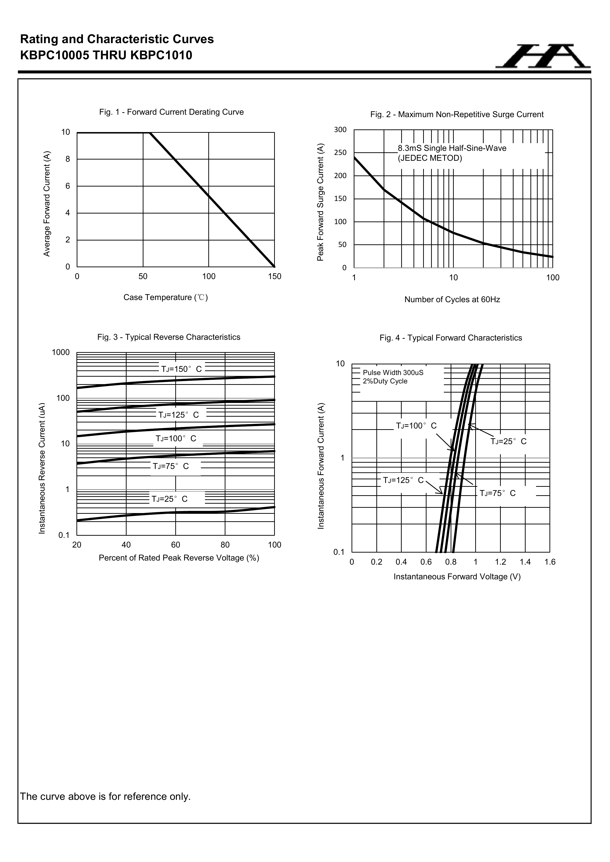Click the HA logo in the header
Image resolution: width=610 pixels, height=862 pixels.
542,56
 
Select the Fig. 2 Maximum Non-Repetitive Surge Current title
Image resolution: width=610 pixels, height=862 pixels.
456,114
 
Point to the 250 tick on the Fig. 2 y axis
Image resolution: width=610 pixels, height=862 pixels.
340,153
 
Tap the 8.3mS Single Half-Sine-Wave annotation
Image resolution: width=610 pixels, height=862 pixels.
452,148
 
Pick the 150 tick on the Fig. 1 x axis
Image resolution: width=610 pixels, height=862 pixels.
275,277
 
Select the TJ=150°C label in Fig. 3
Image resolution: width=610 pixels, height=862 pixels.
181,369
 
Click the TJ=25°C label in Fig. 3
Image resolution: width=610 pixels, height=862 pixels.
169,499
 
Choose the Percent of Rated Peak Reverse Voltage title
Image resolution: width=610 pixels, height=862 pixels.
179,558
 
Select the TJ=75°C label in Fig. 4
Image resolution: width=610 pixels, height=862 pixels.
498,493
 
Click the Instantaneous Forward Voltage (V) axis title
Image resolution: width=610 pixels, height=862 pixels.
457,577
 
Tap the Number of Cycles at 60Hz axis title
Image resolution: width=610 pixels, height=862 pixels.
452,300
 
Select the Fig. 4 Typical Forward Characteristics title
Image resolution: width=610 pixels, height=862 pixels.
450,338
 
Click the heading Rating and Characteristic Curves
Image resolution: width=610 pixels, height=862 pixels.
117,40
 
